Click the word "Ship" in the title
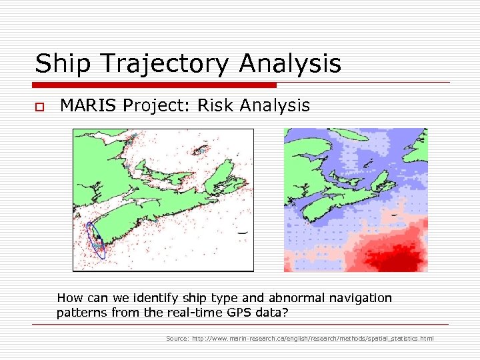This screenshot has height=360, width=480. coord(60,63)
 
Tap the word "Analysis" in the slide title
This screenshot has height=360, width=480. coord(290,65)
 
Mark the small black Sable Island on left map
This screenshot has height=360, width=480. coord(242,232)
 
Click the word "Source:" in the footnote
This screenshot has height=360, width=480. coord(177,339)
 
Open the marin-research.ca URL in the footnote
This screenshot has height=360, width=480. coord(313,339)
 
